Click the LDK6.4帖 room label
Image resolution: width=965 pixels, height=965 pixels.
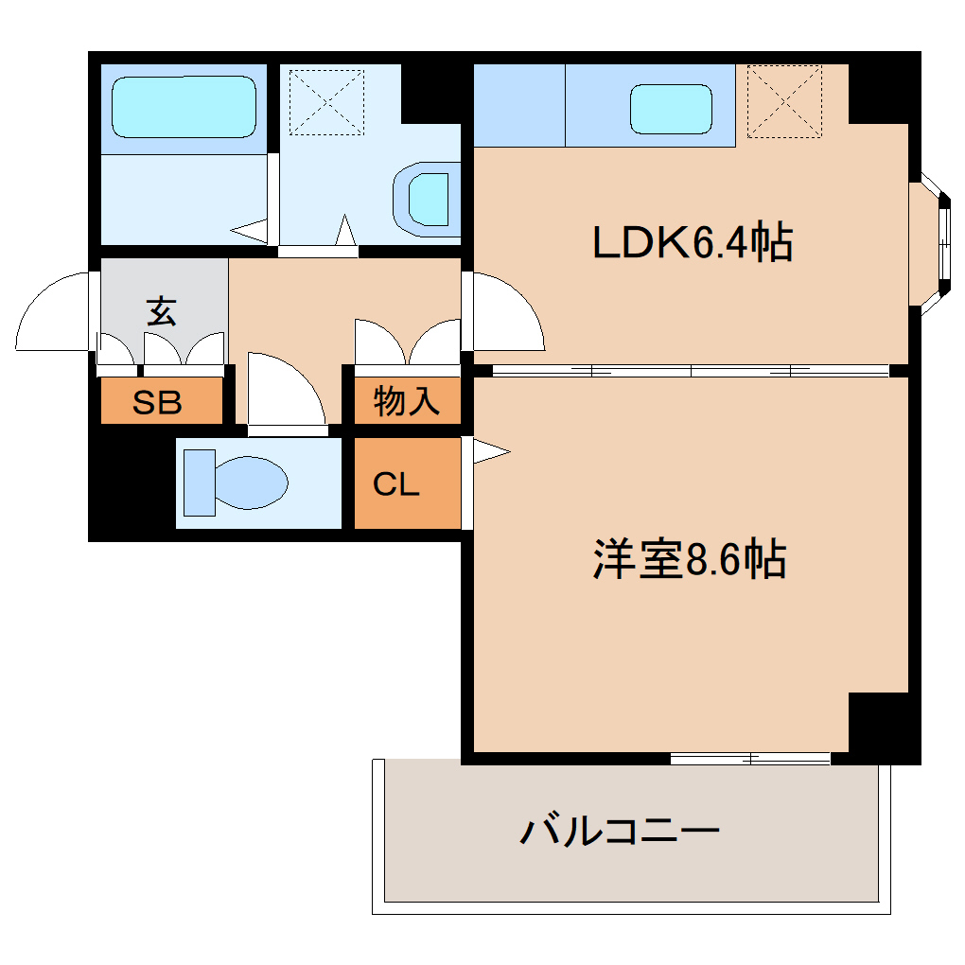(692, 244)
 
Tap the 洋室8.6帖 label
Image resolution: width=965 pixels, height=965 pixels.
(690, 560)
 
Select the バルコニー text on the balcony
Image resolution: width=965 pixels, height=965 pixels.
(621, 832)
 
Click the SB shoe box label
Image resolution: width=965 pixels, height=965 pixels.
(157, 403)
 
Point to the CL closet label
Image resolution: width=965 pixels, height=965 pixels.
(395, 484)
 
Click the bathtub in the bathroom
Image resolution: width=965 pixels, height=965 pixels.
(184, 107)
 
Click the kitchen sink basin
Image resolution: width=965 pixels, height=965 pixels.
(670, 109)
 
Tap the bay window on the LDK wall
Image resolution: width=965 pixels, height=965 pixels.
(932, 240)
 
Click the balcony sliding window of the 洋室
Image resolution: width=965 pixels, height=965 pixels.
(749, 758)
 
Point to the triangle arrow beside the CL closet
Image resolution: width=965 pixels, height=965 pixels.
(490, 451)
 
